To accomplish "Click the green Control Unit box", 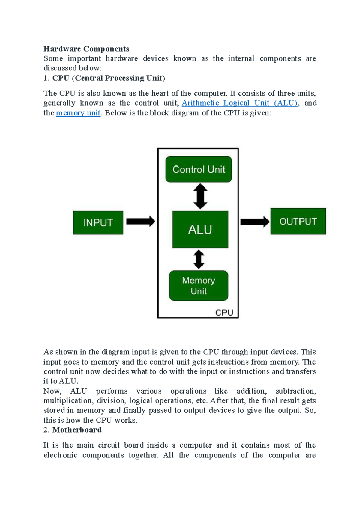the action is pyautogui.click(x=199, y=169).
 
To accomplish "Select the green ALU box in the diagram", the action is pyautogui.click(x=200, y=230).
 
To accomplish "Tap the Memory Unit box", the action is pyautogui.click(x=199, y=286).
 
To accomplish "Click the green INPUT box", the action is pyautogui.click(x=98, y=223).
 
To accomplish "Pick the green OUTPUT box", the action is pyautogui.click(x=298, y=222).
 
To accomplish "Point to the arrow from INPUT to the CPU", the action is pyautogui.click(x=140, y=222).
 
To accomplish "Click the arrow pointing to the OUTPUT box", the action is pyautogui.click(x=255, y=222).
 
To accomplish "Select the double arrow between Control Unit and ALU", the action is pyautogui.click(x=200, y=196).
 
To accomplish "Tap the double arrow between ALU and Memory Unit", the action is pyautogui.click(x=199, y=259).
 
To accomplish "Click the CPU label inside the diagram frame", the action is pyautogui.click(x=224, y=313).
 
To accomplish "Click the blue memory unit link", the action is pyautogui.click(x=78, y=113).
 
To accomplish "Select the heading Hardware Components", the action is pyautogui.click(x=86, y=49).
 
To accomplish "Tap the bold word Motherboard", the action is pyautogui.click(x=77, y=430).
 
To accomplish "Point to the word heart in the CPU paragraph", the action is pyautogui.click(x=160, y=93).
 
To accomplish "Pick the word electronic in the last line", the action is pyautogui.click(x=60, y=455).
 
